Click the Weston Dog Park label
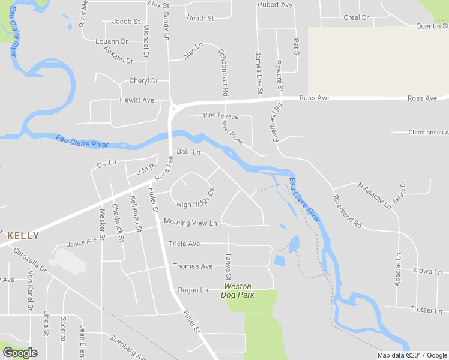238,290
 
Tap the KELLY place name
23,236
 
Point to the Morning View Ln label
190,223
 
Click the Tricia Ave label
185,244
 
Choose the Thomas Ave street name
193,266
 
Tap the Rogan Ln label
193,290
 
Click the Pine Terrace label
220,116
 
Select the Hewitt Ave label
137,100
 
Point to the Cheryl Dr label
143,81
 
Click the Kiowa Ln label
427,271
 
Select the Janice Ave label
82,242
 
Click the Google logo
20,353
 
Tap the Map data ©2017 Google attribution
412,355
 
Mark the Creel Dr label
356,17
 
